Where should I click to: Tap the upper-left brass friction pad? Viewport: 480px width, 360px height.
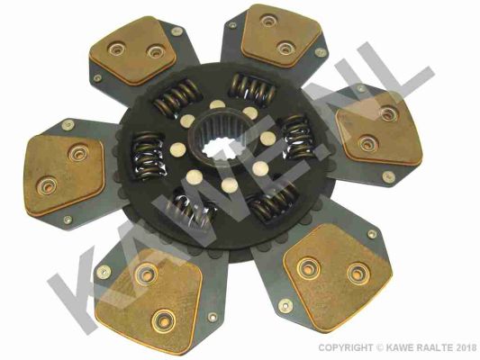pos(134,50)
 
